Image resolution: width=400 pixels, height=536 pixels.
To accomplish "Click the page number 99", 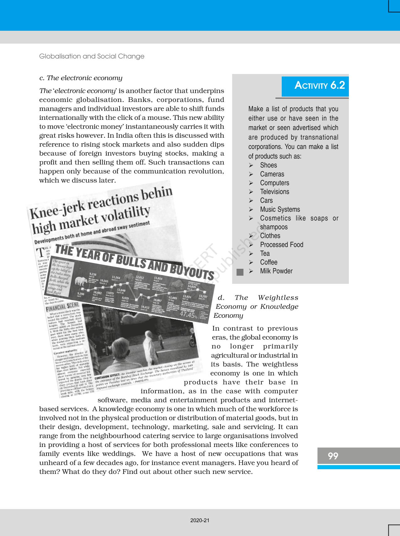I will (333, 456).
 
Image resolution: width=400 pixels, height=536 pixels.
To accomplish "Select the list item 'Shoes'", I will (268, 165).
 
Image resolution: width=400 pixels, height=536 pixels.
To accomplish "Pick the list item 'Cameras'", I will (272, 174).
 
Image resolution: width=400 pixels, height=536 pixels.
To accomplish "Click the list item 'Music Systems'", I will (280, 210).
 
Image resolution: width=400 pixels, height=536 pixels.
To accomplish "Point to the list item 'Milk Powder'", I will (276, 271).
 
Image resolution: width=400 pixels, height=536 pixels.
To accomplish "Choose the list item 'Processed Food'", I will (281, 245).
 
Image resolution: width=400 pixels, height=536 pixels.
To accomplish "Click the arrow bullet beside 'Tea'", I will (251, 253).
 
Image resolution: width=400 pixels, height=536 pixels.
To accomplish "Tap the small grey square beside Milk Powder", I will (240, 272).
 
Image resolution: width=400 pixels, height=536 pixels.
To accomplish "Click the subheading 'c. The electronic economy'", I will (81, 78).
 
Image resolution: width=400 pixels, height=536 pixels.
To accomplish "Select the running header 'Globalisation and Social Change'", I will (92, 56).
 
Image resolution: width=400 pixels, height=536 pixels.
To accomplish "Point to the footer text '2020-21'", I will (200, 520).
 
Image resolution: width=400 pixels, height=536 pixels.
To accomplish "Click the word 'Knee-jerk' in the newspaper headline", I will (57, 210).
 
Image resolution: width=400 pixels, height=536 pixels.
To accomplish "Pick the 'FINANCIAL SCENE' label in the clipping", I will (62, 306).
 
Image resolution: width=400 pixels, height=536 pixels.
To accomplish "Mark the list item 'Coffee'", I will (269, 262).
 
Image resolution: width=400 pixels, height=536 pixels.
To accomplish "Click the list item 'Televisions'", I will (275, 192).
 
